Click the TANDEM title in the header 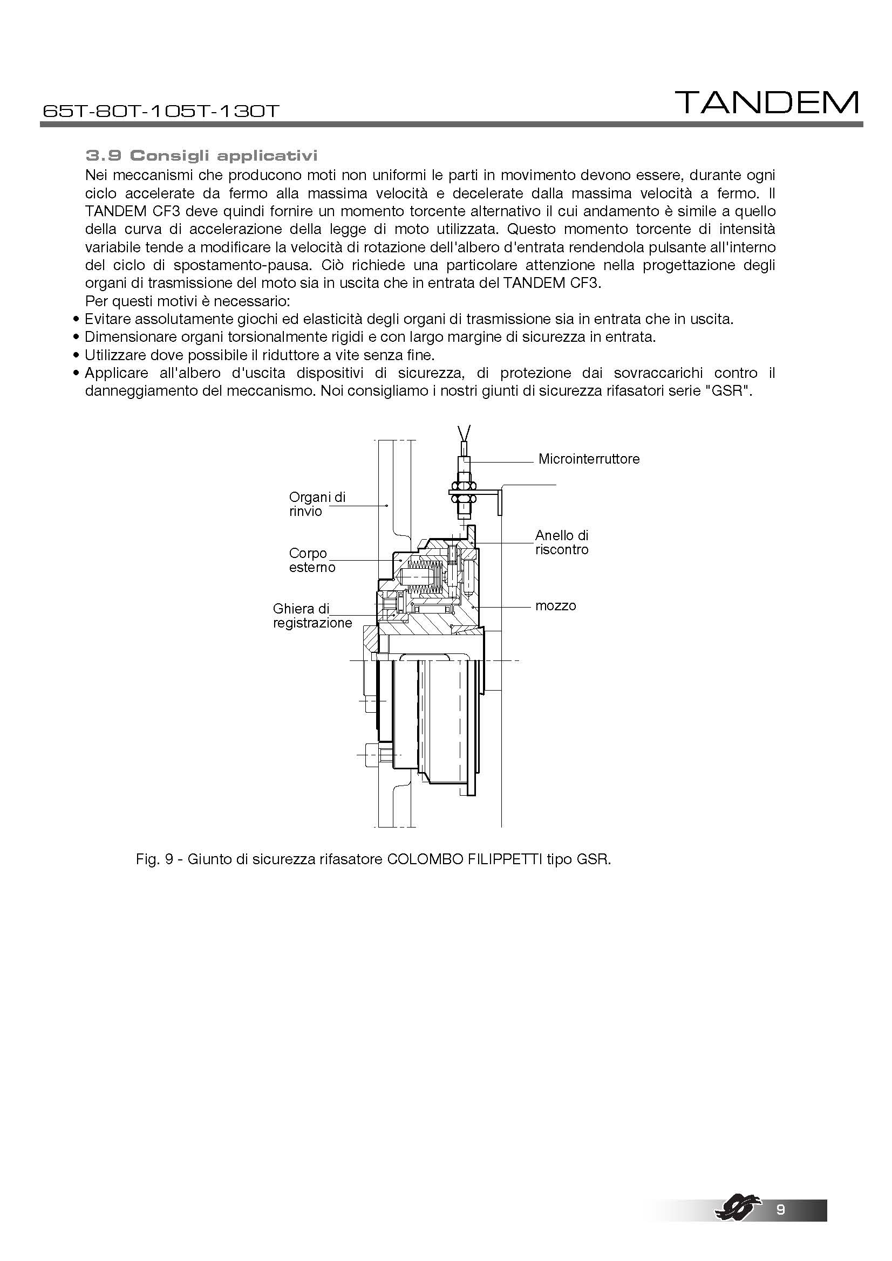[x=766, y=103]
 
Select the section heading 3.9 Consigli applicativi [x=202, y=156]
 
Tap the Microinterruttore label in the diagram [x=589, y=459]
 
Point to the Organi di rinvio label [x=317, y=504]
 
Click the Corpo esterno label [x=311, y=560]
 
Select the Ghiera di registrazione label [x=311, y=616]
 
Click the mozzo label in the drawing [x=555, y=606]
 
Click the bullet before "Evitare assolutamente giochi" [x=77, y=320]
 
